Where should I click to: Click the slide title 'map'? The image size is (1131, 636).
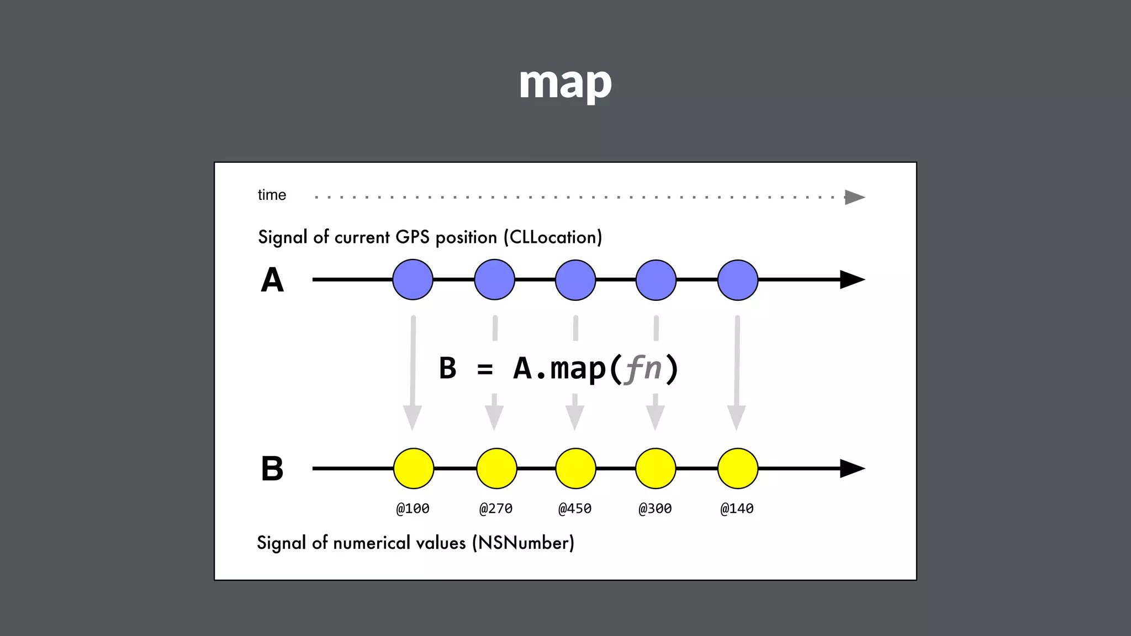click(x=565, y=83)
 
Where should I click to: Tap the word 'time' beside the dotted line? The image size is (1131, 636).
click(x=272, y=195)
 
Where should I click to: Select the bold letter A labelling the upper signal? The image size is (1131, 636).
click(x=272, y=280)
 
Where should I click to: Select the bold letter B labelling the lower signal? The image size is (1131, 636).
click(x=272, y=469)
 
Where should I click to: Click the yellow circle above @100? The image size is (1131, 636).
click(x=414, y=469)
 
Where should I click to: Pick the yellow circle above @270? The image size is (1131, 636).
click(x=496, y=469)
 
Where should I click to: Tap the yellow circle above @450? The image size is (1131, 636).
click(x=575, y=469)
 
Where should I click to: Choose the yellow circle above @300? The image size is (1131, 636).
click(x=656, y=469)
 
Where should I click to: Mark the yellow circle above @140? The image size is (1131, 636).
click(x=738, y=469)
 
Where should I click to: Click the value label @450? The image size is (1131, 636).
click(x=575, y=508)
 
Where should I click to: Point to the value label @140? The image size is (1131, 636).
click(x=737, y=508)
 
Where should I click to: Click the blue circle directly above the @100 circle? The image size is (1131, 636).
click(x=413, y=280)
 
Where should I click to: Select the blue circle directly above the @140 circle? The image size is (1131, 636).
click(x=738, y=280)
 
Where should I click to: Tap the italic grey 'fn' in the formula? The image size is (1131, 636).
click(x=643, y=368)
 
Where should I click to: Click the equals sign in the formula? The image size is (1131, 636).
click(x=485, y=369)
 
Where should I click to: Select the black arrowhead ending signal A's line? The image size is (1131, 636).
click(x=852, y=280)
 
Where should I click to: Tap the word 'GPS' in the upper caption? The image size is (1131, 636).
click(x=412, y=237)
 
